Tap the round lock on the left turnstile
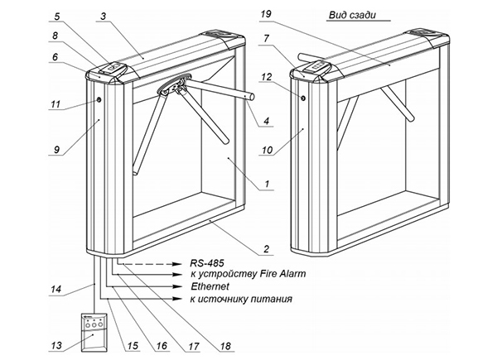pos(99,100)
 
